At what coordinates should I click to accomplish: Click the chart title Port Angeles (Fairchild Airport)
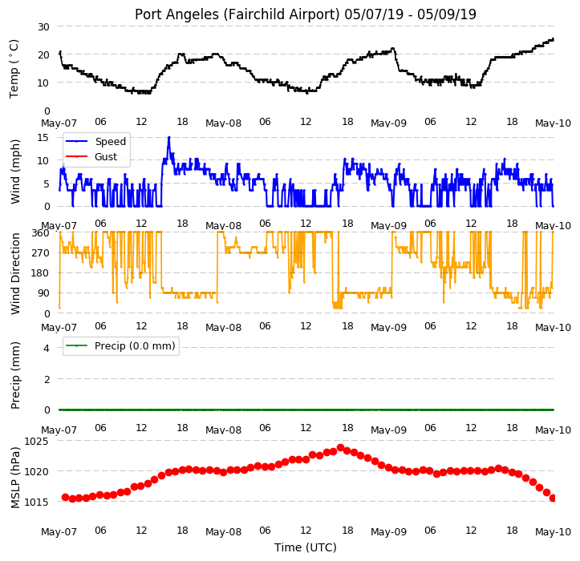[x=237, y=14]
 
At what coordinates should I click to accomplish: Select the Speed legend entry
[x=95, y=142]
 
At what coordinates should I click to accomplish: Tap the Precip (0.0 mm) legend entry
[x=120, y=346]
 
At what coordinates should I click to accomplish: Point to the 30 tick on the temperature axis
[x=43, y=27]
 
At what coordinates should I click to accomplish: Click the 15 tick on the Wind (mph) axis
[x=43, y=138]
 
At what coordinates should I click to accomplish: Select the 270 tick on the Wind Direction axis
[x=41, y=253]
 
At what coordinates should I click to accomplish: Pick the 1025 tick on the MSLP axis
[x=36, y=442]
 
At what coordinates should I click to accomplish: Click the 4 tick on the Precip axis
[x=47, y=348]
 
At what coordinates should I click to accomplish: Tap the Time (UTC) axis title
[x=306, y=547]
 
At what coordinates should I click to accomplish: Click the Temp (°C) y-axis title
[x=14, y=69]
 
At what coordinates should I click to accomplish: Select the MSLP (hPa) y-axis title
[x=14, y=478]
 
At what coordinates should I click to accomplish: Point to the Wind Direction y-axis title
[x=15, y=274]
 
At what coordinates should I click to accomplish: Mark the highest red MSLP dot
[x=341, y=448]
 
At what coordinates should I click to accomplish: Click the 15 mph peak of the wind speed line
[x=169, y=138]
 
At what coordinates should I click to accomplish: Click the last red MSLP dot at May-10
[x=553, y=498]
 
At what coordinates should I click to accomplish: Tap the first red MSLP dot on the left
[x=65, y=498]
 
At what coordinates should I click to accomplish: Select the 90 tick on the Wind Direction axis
[x=43, y=293]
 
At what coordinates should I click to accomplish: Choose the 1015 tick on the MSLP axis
[x=36, y=502]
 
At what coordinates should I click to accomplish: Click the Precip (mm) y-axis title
[x=15, y=376]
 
